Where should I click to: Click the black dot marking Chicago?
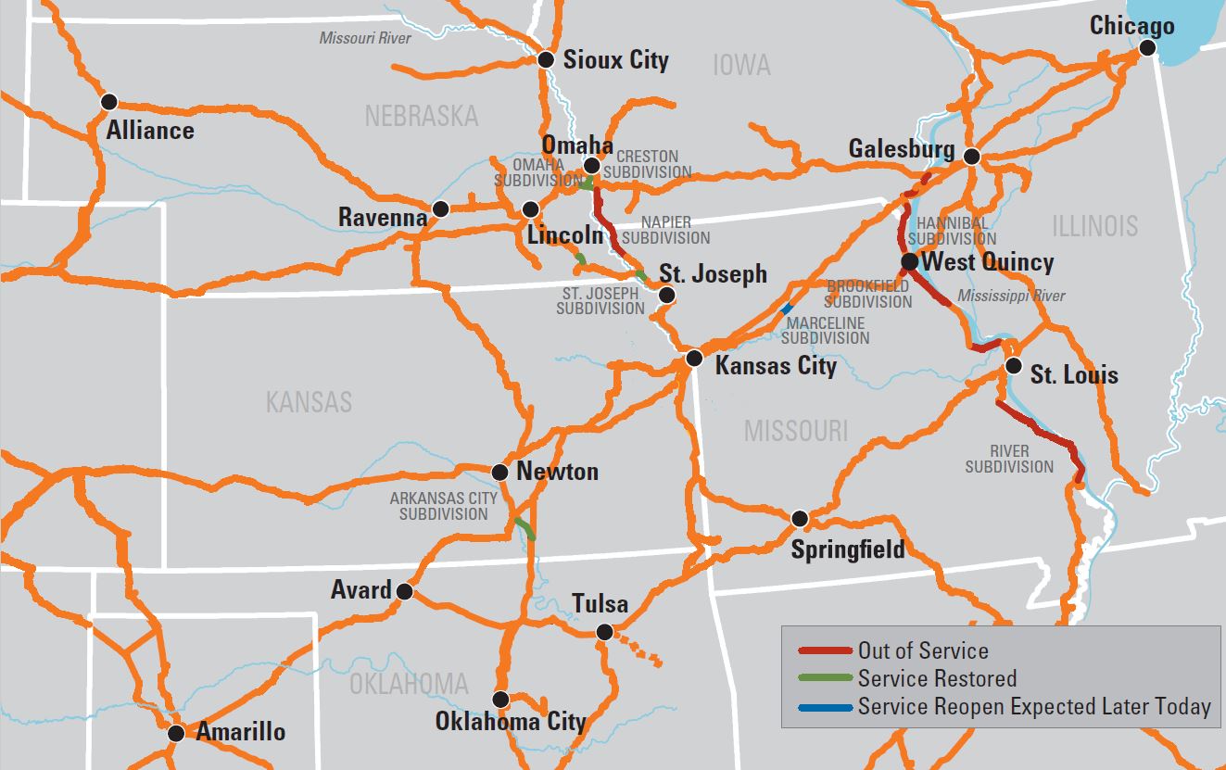pyautogui.click(x=1148, y=48)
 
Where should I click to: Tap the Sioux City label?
pyautogui.click(x=616, y=61)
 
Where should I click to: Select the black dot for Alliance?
pyautogui.click(x=109, y=101)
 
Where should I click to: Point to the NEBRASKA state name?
pyautogui.click(x=421, y=116)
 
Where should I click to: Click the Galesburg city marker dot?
pyautogui.click(x=971, y=157)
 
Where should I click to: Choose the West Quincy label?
pyautogui.click(x=988, y=262)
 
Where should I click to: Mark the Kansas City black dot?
pyautogui.click(x=695, y=359)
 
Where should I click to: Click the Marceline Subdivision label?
pyautogui.click(x=825, y=331)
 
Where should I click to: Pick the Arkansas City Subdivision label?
pyautogui.click(x=443, y=506)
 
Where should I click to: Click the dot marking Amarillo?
pyautogui.click(x=176, y=733)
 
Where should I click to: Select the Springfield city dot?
pyautogui.click(x=799, y=518)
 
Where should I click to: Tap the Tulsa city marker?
pyautogui.click(x=604, y=632)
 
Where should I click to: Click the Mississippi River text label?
pyautogui.click(x=1011, y=297)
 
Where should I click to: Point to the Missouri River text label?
pyautogui.click(x=365, y=38)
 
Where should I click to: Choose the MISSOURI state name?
pyautogui.click(x=795, y=430)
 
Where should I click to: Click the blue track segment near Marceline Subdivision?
pyautogui.click(x=787, y=308)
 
